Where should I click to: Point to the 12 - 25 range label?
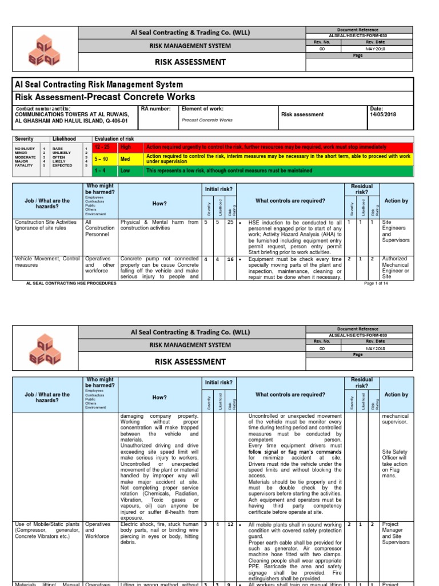tap(105, 148)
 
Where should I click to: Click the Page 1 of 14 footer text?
tap(376, 283)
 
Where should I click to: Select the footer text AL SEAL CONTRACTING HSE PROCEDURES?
tap(71, 283)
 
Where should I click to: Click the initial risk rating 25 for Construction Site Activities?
tap(230, 222)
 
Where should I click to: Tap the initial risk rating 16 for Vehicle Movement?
tap(230, 259)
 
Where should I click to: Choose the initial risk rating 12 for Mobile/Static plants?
tap(230, 524)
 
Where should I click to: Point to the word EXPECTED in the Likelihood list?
tap(63, 165)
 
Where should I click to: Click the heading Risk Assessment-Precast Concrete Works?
tap(105, 97)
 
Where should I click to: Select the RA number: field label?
tap(155, 109)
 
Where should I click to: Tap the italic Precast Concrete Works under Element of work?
tap(207, 120)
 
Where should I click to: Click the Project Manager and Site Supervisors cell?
tap(396, 533)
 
